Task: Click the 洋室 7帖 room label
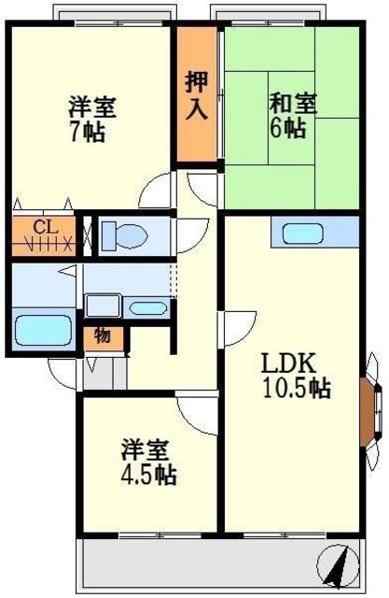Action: coord(92,120)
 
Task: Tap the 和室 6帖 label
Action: coord(293,116)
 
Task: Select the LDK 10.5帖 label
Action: coord(296,376)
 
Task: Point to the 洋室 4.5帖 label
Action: coord(148,463)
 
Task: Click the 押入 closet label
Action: coord(197,95)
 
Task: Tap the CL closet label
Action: coord(46,228)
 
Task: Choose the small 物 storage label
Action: coord(103,336)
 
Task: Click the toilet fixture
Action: coord(124,236)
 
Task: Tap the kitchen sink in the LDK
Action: coord(303,234)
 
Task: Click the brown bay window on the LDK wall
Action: coord(368,411)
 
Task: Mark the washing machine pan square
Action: coord(103,306)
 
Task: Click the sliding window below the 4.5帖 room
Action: coord(160,535)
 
